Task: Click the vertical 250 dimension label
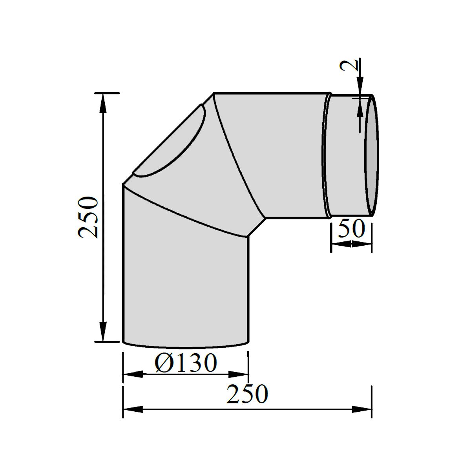point(88,217)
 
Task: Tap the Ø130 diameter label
point(186,362)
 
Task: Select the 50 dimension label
point(351,228)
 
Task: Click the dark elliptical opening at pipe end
point(372,155)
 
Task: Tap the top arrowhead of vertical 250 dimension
point(103,104)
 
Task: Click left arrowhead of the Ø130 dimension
point(133,374)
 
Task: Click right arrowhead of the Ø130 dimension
point(238,374)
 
